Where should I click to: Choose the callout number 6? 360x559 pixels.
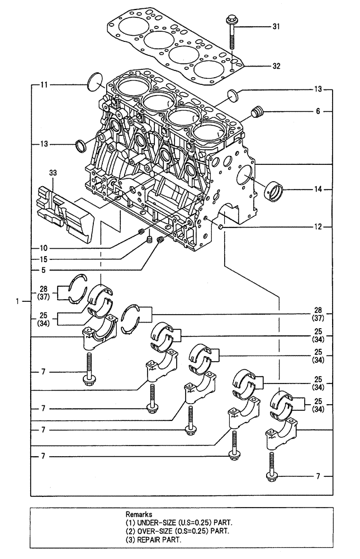318,111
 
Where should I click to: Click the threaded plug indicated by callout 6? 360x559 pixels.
258,112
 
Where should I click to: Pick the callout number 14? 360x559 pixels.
318,190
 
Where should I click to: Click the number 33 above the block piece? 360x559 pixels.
53,174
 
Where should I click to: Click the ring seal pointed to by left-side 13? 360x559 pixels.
81,146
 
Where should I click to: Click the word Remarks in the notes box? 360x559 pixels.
139,512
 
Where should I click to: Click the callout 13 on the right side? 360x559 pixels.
318,89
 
